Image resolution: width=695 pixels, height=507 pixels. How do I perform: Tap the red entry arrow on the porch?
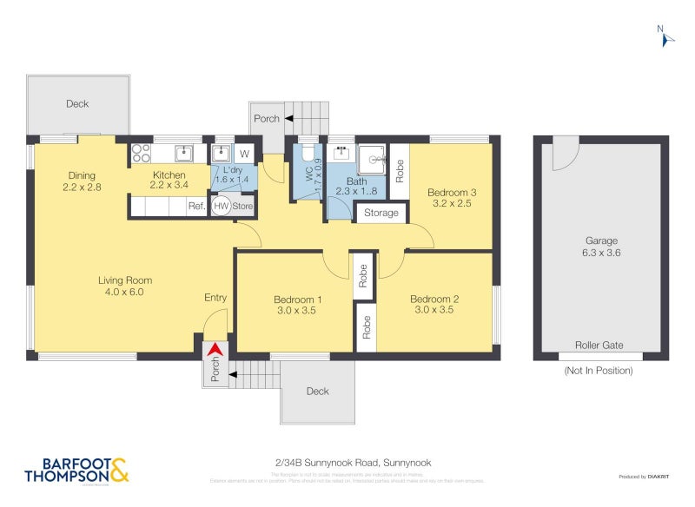[215, 350]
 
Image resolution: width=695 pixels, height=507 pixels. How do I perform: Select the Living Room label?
[125, 280]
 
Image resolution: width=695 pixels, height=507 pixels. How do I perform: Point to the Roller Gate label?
[600, 345]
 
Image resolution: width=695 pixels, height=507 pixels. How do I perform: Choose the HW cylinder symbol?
[222, 207]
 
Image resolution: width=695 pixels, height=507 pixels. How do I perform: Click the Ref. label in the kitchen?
[196, 207]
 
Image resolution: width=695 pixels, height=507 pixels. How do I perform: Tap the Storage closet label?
[381, 213]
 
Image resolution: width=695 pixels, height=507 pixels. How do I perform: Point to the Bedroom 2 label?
[434, 298]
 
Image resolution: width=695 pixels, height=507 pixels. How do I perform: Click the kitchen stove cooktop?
[141, 153]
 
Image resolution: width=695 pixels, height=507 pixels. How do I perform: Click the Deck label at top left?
[77, 104]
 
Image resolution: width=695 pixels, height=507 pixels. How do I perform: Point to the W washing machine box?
[244, 154]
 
